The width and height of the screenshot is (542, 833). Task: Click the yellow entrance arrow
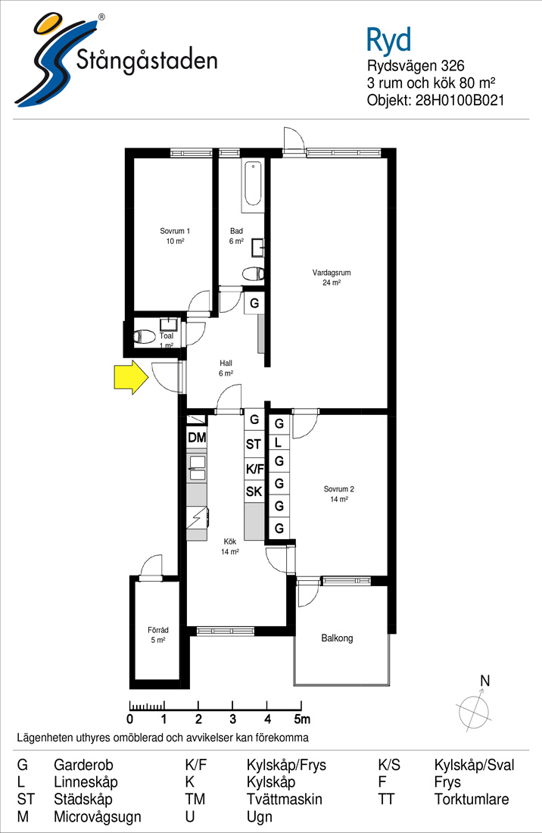131,377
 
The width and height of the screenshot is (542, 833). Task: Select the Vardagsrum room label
332,273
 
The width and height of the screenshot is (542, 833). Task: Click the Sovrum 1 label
175,231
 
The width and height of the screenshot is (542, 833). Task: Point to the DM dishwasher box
196,438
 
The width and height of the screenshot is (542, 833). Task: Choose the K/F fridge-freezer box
254,469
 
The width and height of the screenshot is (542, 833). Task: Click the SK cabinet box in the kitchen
254,492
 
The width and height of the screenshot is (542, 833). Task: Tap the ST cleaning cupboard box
254,445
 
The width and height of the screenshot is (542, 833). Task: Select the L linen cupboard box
279,442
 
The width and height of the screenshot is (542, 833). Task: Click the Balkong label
337,638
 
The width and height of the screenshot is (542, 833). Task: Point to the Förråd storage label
158,630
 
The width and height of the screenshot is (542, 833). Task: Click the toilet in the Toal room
143,335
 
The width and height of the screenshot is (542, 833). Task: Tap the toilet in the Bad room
254,274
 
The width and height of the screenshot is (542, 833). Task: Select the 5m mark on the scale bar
302,719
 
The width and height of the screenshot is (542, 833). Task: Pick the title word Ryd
388,40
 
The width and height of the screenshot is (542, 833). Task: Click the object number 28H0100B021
459,101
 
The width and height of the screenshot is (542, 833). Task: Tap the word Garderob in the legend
83,765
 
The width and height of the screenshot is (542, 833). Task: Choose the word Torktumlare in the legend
472,799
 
